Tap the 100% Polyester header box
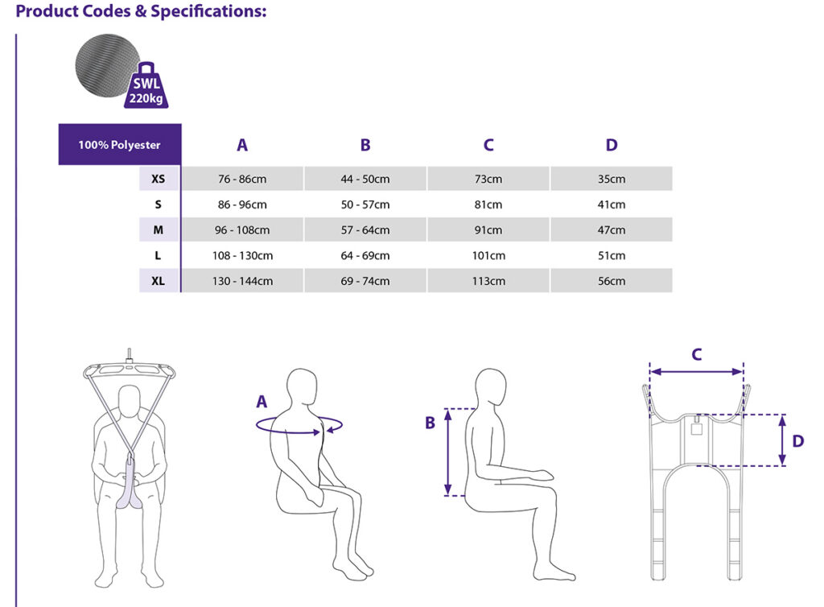(120, 145)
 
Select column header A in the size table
(242, 145)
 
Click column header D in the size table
(612, 145)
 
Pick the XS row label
(159, 179)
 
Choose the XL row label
(159, 281)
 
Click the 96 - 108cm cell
(242, 230)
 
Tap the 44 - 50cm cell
(365, 179)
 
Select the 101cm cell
(488, 255)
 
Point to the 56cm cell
(612, 281)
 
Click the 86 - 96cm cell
(242, 204)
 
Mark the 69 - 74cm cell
(365, 281)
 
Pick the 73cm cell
(488, 179)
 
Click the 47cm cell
(612, 230)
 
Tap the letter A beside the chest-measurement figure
(262, 402)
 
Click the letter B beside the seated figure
(430, 423)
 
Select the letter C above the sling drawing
(696, 354)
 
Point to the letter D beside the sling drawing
(797, 441)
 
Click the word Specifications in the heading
(208, 11)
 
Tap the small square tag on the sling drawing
(697, 429)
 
